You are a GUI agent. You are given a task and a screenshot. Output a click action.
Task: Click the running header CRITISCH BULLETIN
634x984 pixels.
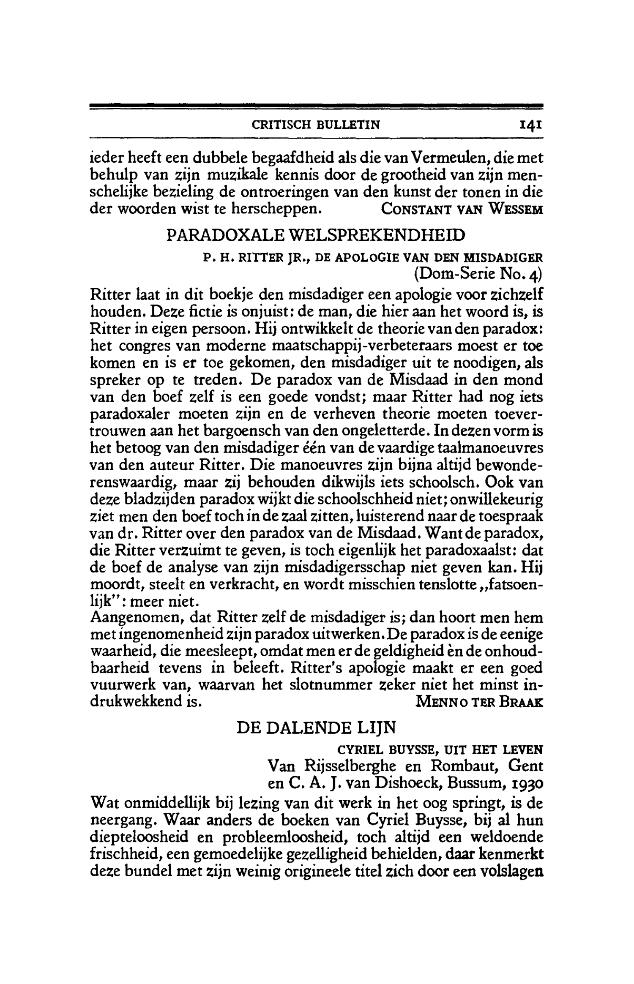point(316,125)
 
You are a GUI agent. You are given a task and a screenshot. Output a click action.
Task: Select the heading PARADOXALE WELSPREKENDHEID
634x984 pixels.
point(316,235)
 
